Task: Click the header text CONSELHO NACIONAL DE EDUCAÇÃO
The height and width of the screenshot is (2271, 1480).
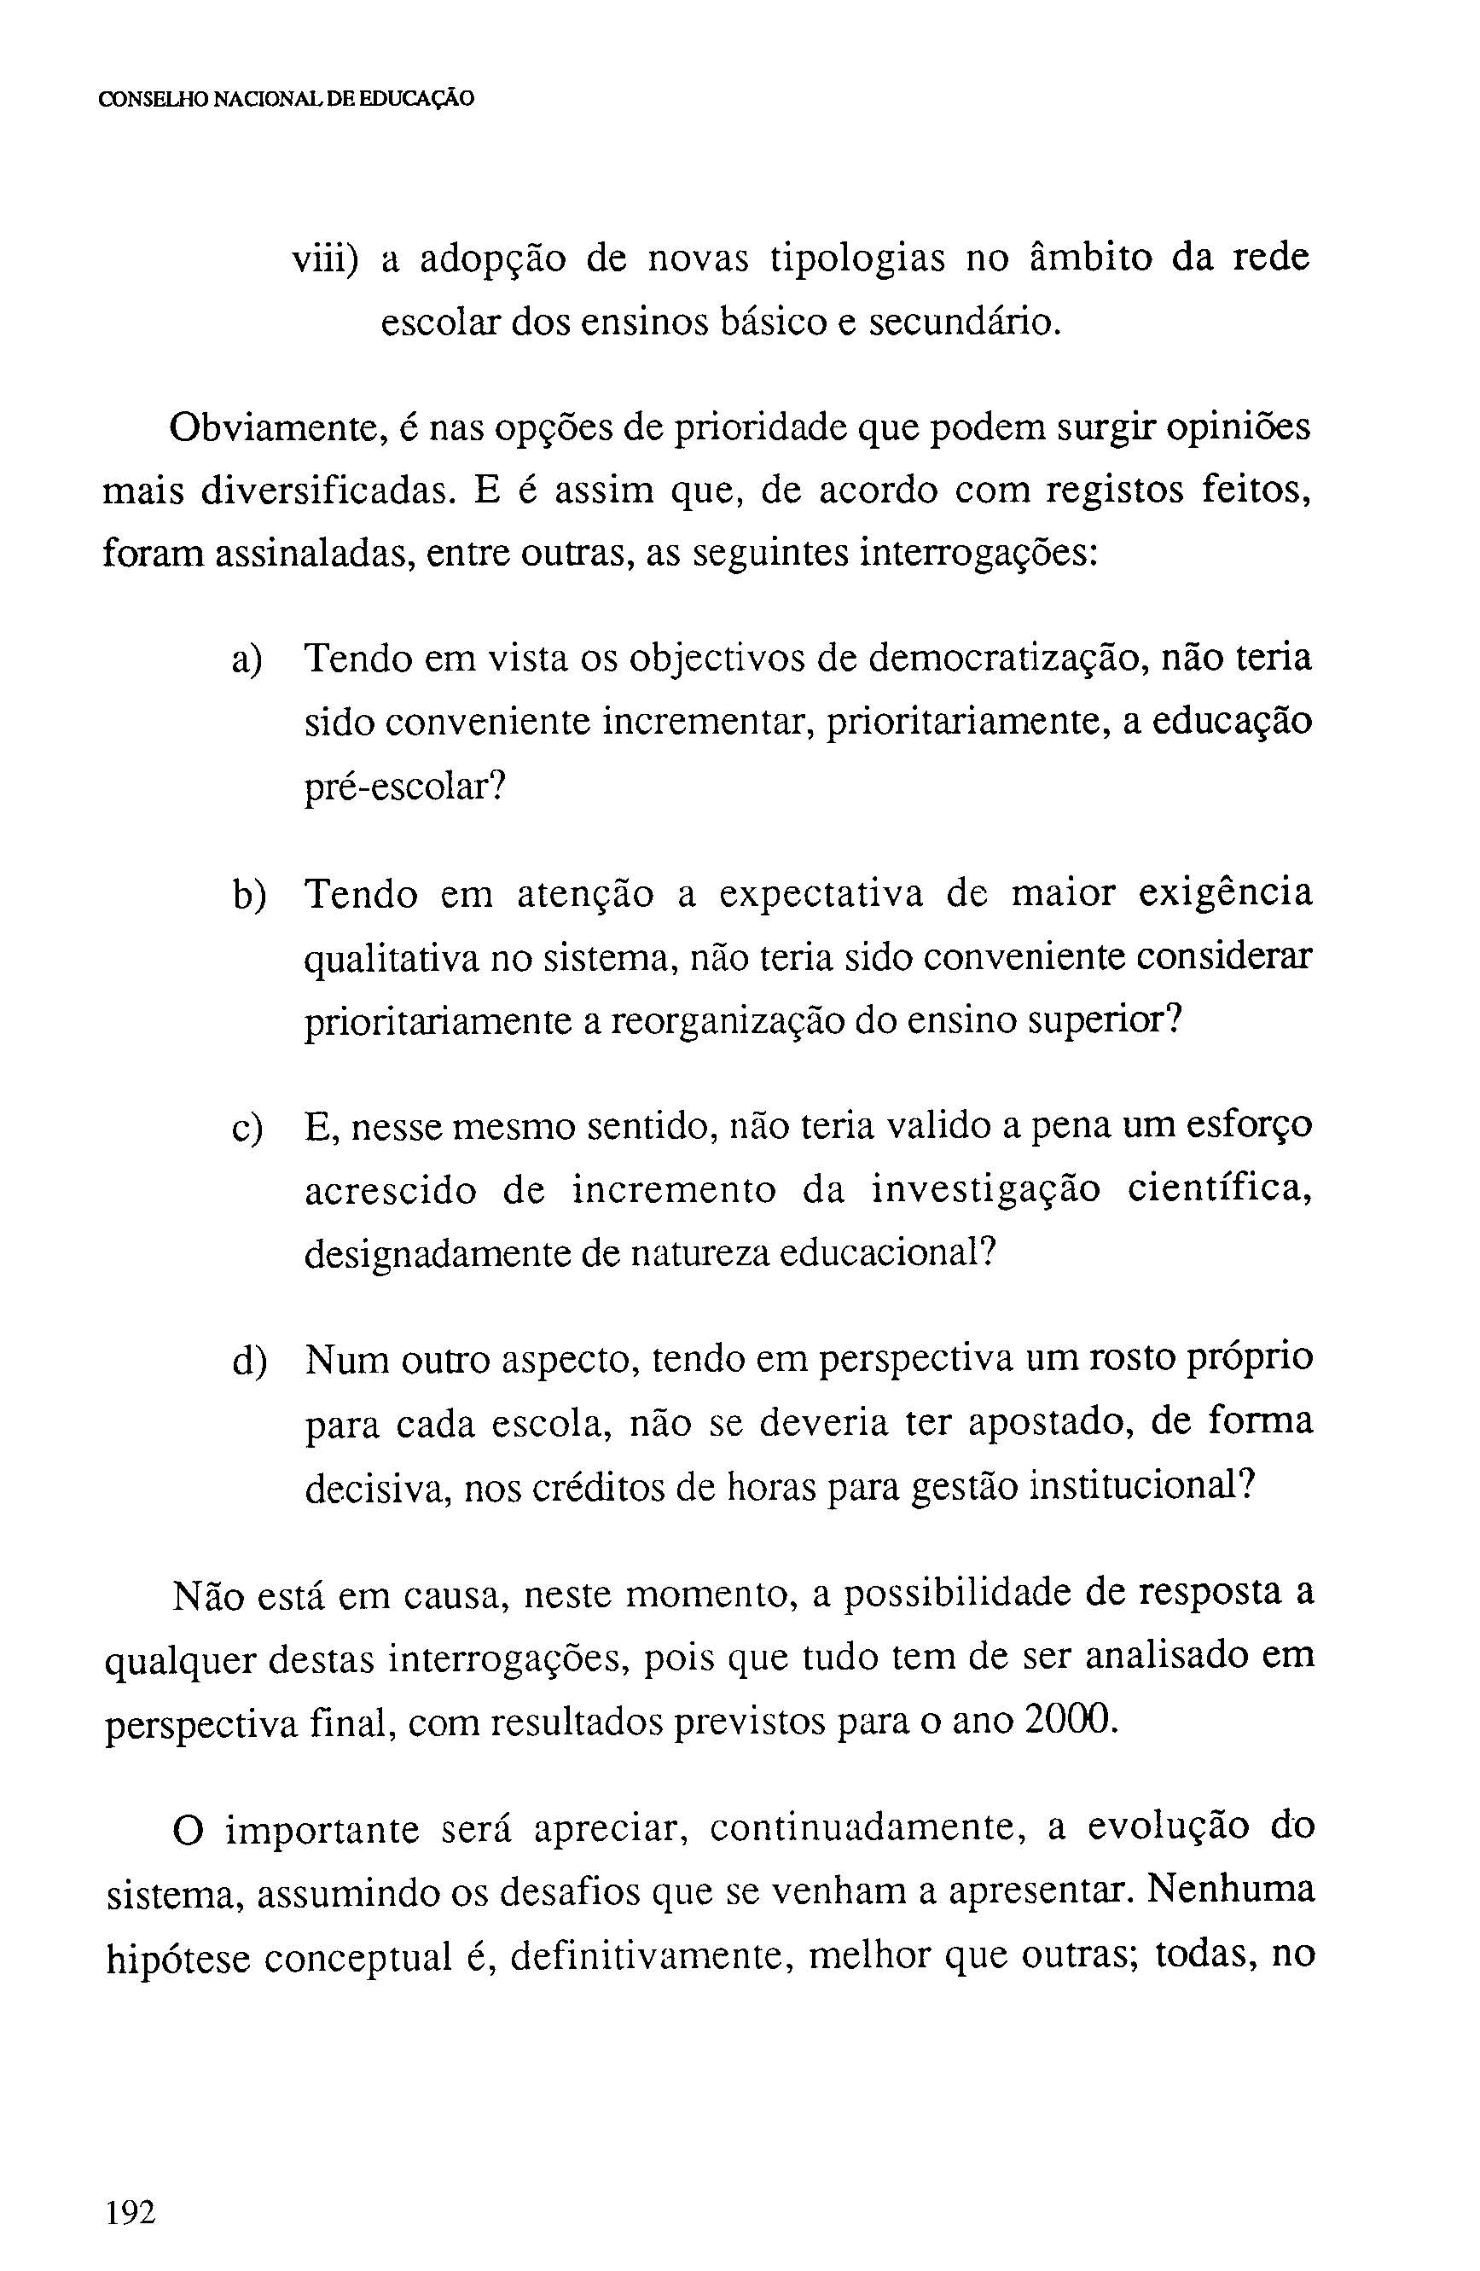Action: [x=287, y=99]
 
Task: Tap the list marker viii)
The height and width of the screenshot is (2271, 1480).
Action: [x=324, y=259]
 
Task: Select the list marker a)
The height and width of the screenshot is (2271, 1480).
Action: [x=247, y=661]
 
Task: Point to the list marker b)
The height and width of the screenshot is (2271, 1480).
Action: [x=248, y=896]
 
